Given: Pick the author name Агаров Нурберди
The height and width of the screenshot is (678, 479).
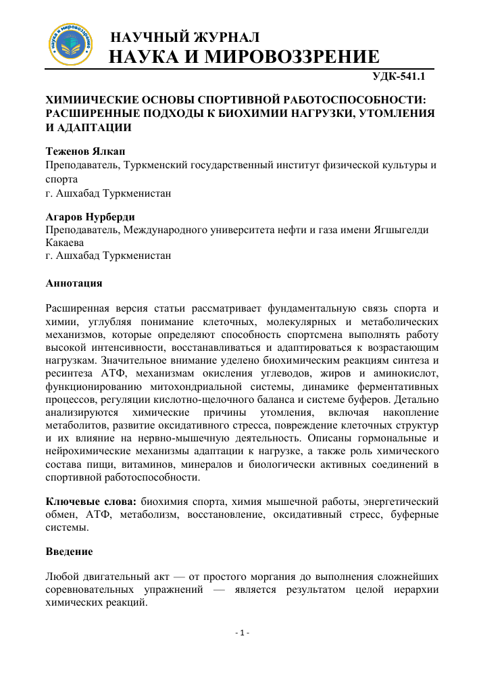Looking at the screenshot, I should coord(90,217).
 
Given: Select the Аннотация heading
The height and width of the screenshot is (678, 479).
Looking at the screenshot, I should coord(74,283).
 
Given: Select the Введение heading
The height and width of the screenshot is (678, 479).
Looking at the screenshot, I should coord(69,552).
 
